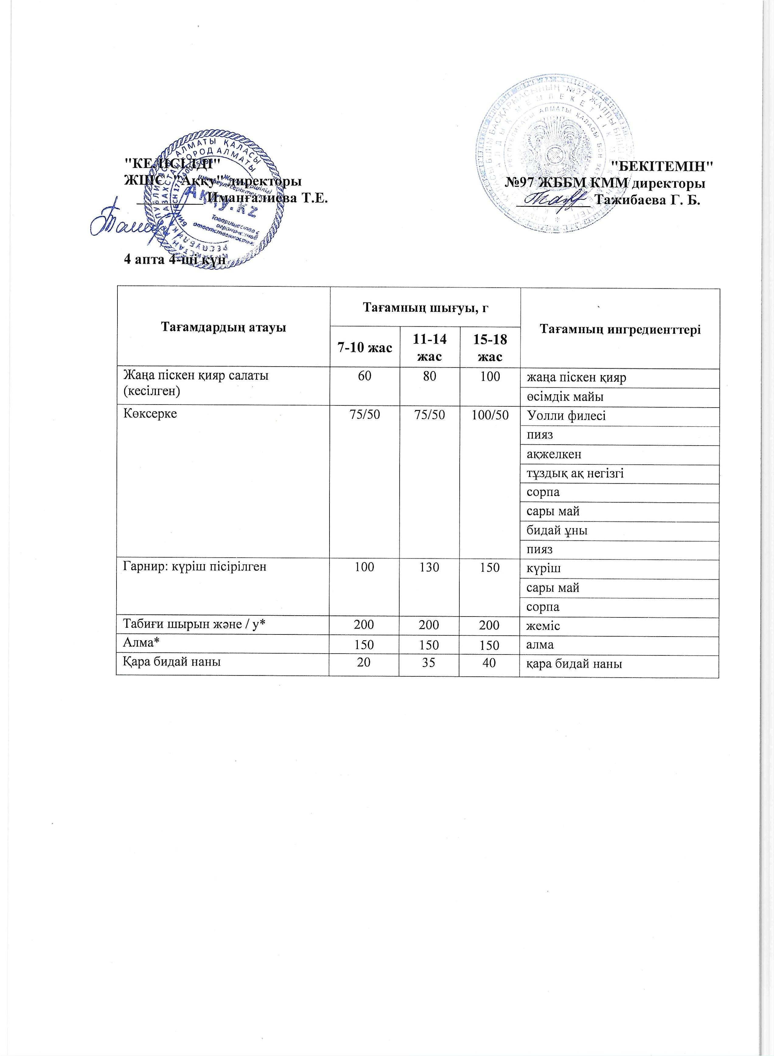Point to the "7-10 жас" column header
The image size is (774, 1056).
tap(364, 347)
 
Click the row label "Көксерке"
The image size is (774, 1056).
tap(150, 414)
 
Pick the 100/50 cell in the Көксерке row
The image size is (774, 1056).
tap(490, 415)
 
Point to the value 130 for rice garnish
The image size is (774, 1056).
tap(429, 568)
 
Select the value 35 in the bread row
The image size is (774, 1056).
tap(429, 663)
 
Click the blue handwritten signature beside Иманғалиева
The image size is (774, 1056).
tap(131, 222)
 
